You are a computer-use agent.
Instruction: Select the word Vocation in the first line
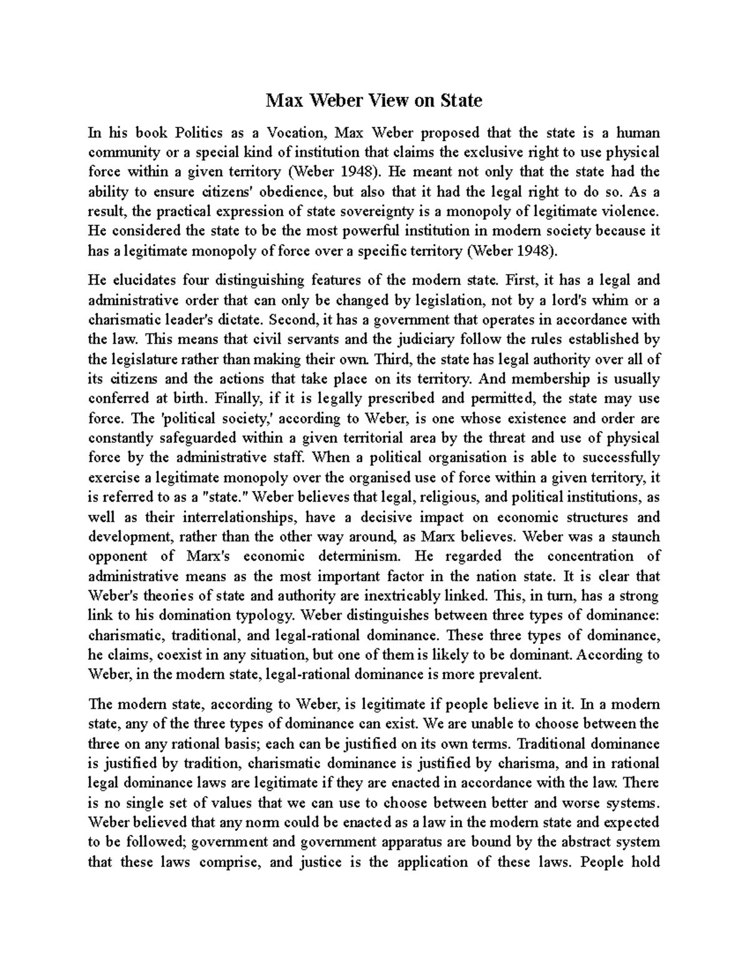pyautogui.click(x=293, y=132)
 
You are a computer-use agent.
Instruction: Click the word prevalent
pyautogui.click(x=509, y=674)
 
